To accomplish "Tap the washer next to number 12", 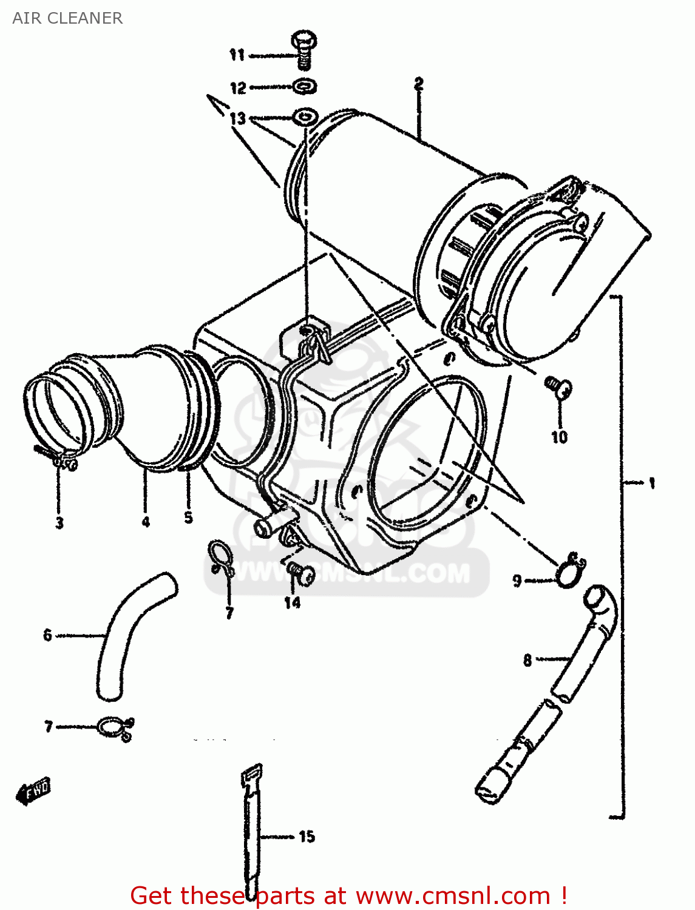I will [305, 87].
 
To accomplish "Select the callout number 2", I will [418, 84].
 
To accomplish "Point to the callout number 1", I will [651, 484].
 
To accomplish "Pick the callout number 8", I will [527, 659].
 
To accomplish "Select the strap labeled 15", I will [251, 831].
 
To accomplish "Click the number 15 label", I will [307, 837].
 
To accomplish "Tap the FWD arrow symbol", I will [34, 791].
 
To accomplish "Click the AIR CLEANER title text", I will [67, 18].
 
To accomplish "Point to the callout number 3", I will [59, 522].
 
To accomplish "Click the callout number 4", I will [146, 521].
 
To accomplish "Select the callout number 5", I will [188, 517].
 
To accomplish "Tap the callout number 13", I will [237, 118].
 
